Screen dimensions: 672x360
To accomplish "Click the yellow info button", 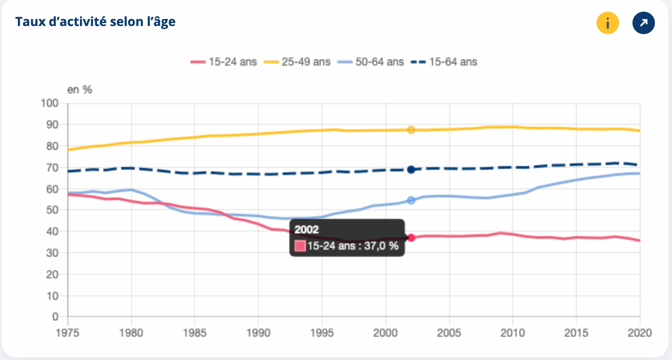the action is (607, 23).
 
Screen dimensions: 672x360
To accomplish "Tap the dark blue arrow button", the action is (644, 23).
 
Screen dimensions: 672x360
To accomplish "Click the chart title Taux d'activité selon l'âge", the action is (95, 22).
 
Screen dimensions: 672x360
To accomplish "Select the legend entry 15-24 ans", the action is (224, 62).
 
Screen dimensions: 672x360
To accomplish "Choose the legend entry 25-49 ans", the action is (297, 62).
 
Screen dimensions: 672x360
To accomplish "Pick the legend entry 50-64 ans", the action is (371, 62).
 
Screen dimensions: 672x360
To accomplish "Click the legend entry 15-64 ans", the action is (444, 62).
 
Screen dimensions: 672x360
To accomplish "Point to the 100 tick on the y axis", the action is (49, 103).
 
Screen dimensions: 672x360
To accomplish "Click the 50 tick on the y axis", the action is (52, 210).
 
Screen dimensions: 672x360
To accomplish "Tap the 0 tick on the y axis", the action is (55, 316).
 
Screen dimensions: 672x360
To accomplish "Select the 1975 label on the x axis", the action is (67, 333).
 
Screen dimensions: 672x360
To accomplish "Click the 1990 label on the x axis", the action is (258, 333).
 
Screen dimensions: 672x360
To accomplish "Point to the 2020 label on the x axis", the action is (640, 333).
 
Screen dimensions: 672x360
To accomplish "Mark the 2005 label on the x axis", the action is (449, 333).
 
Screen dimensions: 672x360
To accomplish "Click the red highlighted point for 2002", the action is (411, 238).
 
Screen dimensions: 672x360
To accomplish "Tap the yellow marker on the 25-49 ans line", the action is (411, 130).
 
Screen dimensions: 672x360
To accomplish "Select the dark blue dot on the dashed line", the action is (411, 170).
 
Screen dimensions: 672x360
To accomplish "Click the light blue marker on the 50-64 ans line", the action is (411, 200).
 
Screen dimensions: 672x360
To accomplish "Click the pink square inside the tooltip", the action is (300, 246).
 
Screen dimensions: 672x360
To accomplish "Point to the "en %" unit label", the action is (80, 90).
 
